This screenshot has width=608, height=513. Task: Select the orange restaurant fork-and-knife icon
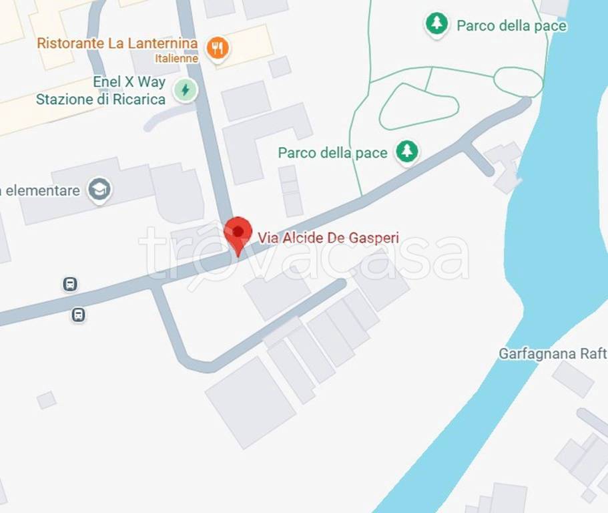218,47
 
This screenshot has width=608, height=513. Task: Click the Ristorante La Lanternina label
117,43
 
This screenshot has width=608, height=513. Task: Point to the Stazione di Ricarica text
100,100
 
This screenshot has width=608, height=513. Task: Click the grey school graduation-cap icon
99,190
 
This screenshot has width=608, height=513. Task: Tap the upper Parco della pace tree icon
436,25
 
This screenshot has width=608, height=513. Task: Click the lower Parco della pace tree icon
406,152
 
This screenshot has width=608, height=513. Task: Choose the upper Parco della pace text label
511,26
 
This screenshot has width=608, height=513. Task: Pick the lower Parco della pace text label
332,153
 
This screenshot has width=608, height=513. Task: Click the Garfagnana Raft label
553,353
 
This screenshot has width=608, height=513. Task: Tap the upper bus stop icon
69,285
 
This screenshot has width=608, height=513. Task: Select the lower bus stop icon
78,315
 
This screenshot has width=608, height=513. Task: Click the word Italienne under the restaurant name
176,58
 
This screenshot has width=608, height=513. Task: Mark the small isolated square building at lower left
46,400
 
